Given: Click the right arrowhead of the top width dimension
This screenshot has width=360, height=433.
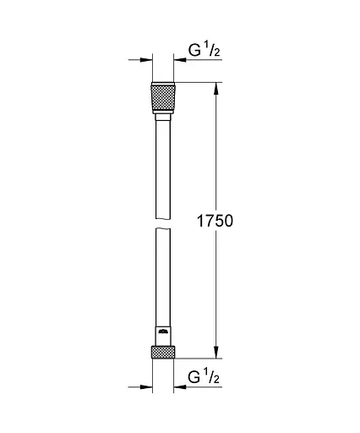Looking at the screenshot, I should (x=178, y=59).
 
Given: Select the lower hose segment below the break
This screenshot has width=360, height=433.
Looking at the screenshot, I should (x=162, y=279).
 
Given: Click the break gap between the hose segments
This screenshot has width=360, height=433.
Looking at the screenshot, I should (x=162, y=222).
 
